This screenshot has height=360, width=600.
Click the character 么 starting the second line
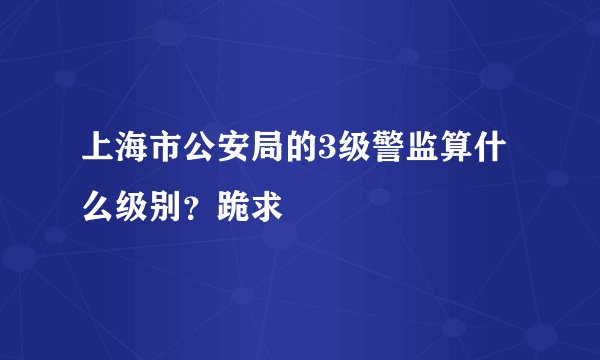point(97,207)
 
